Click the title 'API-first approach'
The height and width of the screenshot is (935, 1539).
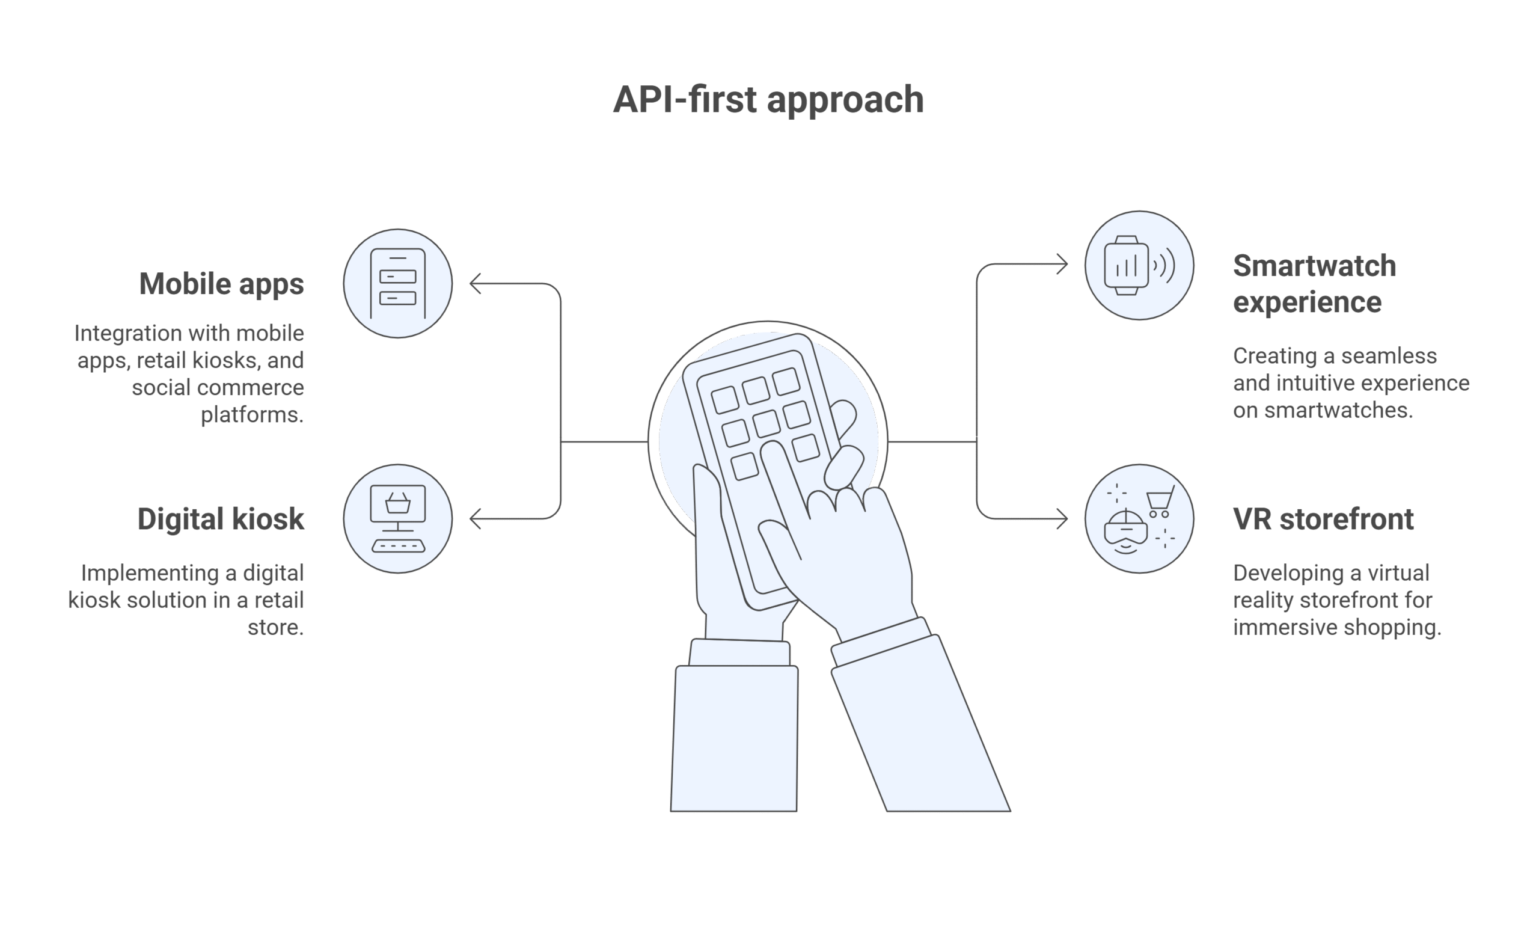click(x=768, y=100)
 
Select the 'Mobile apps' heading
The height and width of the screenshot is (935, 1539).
click(x=222, y=284)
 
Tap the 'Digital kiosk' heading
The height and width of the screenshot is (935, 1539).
click(x=221, y=519)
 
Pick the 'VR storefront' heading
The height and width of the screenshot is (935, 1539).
click(x=1323, y=519)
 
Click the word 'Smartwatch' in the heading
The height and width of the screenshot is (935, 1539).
click(x=1314, y=266)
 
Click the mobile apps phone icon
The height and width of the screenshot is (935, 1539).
click(x=398, y=284)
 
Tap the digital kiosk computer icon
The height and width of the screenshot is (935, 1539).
click(x=398, y=518)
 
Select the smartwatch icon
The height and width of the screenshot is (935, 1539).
click(x=1139, y=265)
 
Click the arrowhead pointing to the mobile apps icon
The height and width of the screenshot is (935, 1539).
click(x=476, y=284)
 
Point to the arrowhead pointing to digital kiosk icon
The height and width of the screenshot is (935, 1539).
click(x=476, y=518)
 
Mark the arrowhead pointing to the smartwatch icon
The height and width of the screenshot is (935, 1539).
click(x=1062, y=264)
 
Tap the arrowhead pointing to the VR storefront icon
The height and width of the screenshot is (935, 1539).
click(x=1062, y=518)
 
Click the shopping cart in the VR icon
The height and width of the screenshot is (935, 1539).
click(x=1160, y=501)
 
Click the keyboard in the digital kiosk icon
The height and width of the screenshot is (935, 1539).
click(x=399, y=546)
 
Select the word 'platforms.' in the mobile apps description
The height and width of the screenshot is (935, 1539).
click(x=252, y=415)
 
